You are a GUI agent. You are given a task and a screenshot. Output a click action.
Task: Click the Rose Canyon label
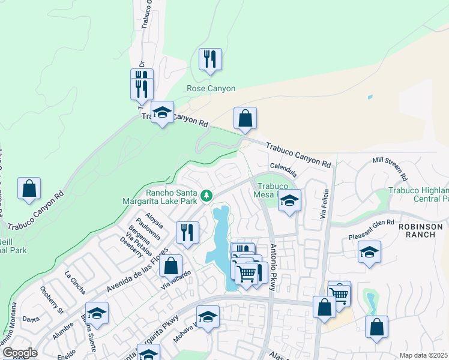[211, 88]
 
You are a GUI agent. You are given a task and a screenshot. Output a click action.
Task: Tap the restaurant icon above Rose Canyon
[210, 59]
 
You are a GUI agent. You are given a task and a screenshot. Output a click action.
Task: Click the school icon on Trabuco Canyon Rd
[162, 112]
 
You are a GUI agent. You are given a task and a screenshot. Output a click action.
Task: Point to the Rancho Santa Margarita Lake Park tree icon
[206, 196]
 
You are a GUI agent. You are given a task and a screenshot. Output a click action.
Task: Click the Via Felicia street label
[325, 203]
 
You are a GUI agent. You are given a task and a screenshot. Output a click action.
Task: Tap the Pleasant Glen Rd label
[372, 229]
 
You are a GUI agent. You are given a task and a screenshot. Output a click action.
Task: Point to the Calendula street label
[284, 165]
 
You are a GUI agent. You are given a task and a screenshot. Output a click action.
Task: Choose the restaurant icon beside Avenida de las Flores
[187, 232]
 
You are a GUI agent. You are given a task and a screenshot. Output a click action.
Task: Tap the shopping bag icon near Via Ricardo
[171, 265]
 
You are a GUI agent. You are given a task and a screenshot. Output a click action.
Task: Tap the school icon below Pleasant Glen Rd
[369, 252]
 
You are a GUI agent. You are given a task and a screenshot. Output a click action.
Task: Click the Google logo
[20, 353]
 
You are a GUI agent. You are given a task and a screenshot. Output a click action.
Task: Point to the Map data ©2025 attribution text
[423, 355]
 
